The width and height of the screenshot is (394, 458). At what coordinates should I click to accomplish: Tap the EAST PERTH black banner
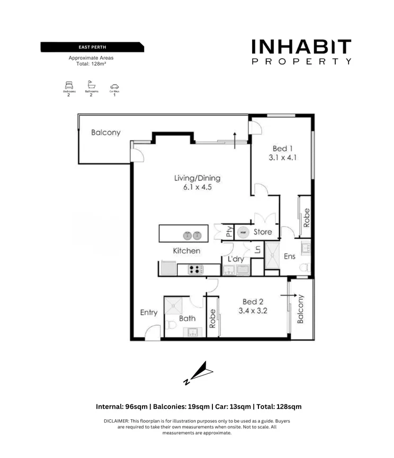click(x=92, y=47)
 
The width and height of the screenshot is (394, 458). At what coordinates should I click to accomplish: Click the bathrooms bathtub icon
click(x=91, y=85)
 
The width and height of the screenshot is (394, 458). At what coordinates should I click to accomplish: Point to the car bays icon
click(x=114, y=86)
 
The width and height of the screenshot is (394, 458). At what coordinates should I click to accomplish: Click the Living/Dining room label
click(x=197, y=178)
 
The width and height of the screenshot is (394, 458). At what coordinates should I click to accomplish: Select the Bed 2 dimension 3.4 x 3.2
click(x=253, y=311)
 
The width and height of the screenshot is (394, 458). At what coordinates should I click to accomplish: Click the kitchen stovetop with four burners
click(x=195, y=270)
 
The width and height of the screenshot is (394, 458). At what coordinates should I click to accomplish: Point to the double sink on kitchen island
click(x=192, y=235)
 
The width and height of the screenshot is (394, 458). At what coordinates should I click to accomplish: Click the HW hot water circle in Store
click(x=243, y=232)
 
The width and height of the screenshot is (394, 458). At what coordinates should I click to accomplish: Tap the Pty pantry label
click(x=229, y=232)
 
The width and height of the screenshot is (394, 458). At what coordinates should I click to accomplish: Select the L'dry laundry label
click(x=236, y=259)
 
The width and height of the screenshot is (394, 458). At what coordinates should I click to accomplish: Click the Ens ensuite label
click(x=289, y=257)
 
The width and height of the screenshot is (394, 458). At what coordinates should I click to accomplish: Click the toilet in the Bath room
click(x=171, y=325)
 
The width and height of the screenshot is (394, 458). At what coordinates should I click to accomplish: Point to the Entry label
click(x=149, y=313)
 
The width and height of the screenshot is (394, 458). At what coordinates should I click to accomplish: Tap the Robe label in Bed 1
click(x=306, y=217)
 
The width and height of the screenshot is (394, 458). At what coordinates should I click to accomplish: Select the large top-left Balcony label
click(x=105, y=132)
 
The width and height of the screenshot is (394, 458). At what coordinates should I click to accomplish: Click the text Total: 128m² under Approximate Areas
click(x=91, y=63)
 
